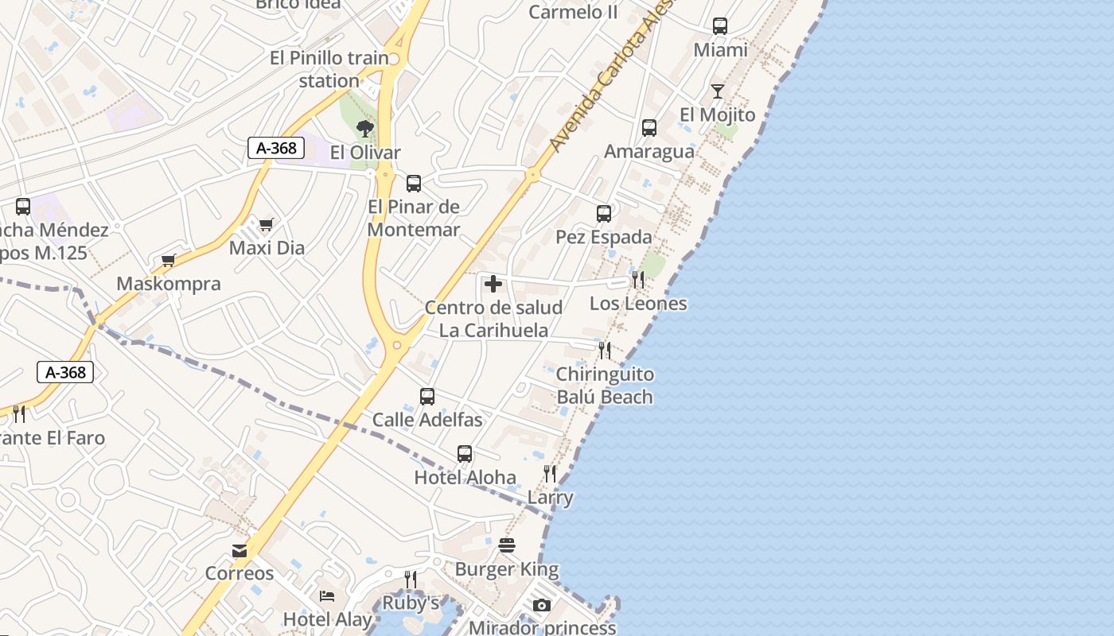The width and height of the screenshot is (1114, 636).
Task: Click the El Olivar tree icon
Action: click(x=365, y=128)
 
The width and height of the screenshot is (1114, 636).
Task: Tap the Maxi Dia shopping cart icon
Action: click(x=266, y=224)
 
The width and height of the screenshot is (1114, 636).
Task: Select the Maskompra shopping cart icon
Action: click(x=168, y=260)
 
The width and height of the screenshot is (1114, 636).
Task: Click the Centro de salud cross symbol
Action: click(x=493, y=284)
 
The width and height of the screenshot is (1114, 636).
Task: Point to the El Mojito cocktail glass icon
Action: click(x=718, y=91)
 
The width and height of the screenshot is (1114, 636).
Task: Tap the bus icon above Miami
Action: click(x=720, y=26)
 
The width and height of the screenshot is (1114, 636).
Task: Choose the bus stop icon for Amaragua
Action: click(x=649, y=127)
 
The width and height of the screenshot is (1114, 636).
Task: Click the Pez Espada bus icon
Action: click(x=604, y=213)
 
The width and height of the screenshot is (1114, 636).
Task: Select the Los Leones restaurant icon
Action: click(x=637, y=279)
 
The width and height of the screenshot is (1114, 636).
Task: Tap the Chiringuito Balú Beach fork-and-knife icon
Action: click(x=605, y=350)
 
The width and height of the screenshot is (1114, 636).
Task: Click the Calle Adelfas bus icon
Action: click(x=427, y=396)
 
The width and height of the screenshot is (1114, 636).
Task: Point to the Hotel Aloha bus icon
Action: click(x=465, y=454)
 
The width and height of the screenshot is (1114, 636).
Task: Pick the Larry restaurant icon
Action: click(x=550, y=474)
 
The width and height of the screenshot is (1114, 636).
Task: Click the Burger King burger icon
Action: click(x=507, y=545)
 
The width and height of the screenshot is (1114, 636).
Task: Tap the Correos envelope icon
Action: click(x=239, y=550)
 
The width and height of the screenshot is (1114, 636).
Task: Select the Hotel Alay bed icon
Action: click(x=327, y=595)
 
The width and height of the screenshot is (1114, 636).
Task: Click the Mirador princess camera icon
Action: click(x=542, y=605)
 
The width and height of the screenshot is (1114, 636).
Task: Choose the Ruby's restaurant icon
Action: click(x=411, y=579)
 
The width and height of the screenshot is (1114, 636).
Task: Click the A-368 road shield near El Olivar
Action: click(x=276, y=148)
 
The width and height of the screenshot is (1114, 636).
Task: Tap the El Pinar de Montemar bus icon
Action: click(x=414, y=184)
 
